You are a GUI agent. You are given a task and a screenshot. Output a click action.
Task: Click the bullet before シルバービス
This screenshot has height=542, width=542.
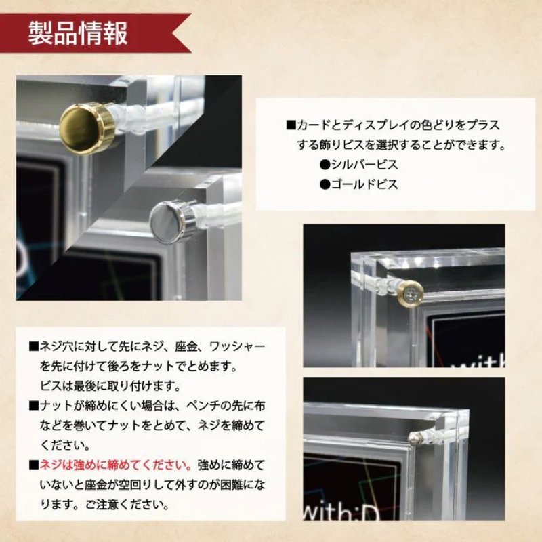pos(325,164)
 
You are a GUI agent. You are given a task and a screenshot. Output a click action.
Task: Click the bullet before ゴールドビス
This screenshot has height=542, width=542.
pos(325,184)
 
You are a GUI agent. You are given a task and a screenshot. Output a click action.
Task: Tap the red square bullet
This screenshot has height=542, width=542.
pos(33,465)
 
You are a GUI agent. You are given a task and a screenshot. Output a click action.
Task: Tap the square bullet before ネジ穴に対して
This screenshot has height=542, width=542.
pos(33,347)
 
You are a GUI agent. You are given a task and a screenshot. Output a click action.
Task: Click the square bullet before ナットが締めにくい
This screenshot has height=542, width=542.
pos(33,406)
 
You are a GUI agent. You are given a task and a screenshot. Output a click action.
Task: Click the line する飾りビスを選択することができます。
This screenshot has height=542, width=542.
pos(402,144)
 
